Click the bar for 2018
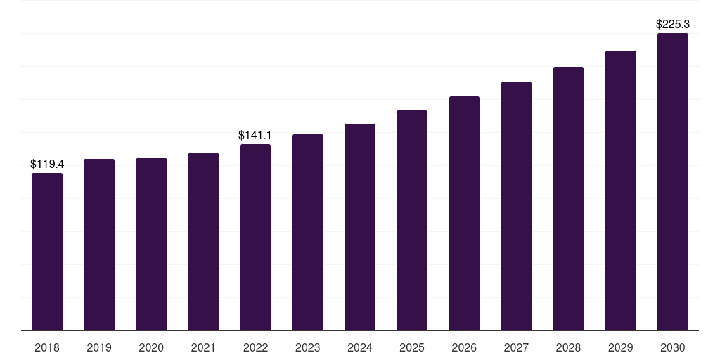pyautogui.click(x=47, y=252)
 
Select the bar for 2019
pyautogui.click(x=99, y=245)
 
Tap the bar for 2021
pyautogui.click(x=203, y=242)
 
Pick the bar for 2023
pyautogui.click(x=308, y=232)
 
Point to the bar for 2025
pyautogui.click(x=412, y=220)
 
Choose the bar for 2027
pyautogui.click(x=516, y=206)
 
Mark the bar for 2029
pyautogui.click(x=621, y=191)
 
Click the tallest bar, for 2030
pyautogui.click(x=673, y=182)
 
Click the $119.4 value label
pyautogui.click(x=47, y=164)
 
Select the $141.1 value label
pyautogui.click(x=255, y=135)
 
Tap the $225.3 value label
pyautogui.click(x=673, y=24)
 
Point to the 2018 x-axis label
pyautogui.click(x=47, y=347)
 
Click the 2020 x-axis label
pyautogui.click(x=151, y=347)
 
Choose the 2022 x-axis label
pyautogui.click(x=255, y=347)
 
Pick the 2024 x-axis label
pyautogui.click(x=359, y=347)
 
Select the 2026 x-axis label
pyautogui.click(x=464, y=347)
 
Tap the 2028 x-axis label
pyautogui.click(x=568, y=347)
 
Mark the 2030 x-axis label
pyautogui.click(x=673, y=347)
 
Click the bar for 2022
pyautogui.click(x=255, y=238)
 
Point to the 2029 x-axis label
pyautogui.click(x=621, y=347)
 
